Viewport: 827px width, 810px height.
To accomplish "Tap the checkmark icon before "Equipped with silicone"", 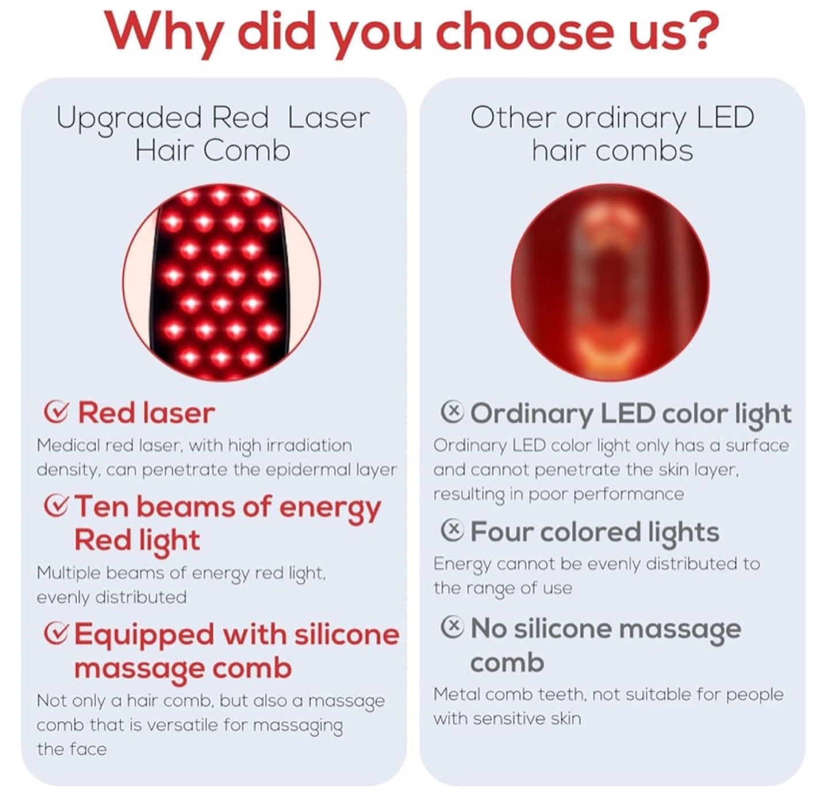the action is (x=55, y=634).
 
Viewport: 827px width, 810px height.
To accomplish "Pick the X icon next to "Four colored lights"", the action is (x=453, y=531).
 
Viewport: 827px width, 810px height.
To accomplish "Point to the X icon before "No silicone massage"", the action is (x=453, y=628).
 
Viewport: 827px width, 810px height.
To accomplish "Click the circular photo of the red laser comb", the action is (x=221, y=283).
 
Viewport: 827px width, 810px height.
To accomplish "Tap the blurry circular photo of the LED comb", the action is (x=610, y=283).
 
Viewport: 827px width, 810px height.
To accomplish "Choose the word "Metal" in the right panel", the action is (x=455, y=695).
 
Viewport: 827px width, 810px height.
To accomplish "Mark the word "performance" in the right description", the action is (x=628, y=495).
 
